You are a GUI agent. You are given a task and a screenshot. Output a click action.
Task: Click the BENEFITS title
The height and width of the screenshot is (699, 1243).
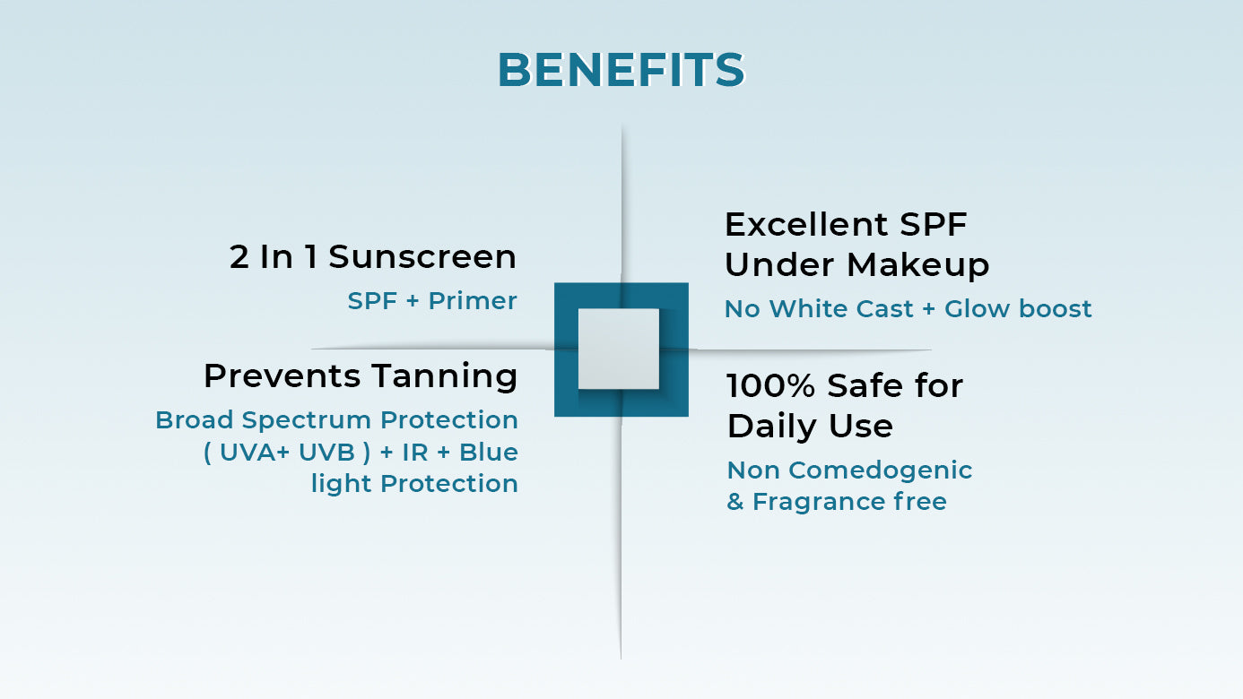coord(621,70)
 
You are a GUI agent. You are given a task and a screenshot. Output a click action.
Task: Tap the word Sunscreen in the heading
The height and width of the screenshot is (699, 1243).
coord(422,257)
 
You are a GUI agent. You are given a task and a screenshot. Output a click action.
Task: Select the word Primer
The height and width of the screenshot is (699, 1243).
coord(473,301)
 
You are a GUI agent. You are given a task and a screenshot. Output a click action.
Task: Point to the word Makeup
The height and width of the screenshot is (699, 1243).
coord(917,265)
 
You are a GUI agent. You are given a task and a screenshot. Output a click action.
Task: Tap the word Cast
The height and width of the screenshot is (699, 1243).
coord(884,309)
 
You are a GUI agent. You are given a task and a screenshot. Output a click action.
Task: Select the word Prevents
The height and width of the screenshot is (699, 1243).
coord(282,375)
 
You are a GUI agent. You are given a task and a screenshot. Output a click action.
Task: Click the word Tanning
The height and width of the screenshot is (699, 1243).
coord(445,377)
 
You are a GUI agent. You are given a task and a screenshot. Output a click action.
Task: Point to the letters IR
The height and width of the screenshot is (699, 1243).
coord(415,453)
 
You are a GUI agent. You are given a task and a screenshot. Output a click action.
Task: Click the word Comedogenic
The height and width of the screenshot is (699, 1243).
coord(880,471)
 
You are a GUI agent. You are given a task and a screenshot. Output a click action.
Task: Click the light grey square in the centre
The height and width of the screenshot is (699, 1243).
coord(619,349)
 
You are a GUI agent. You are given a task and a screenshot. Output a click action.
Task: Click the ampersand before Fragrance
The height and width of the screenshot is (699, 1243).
coord(735,502)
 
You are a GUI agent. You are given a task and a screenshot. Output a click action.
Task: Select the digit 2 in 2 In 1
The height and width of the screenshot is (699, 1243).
coord(239,257)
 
